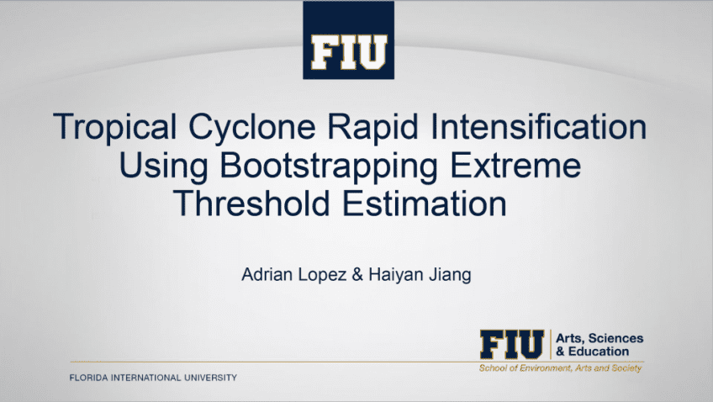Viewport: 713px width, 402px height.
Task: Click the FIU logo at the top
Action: pos(348,40)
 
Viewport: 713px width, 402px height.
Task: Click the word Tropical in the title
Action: pos(114,128)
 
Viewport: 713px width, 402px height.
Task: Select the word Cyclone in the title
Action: pos(252,128)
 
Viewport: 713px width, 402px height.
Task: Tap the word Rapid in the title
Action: pos(372,128)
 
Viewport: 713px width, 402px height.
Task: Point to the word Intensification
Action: pos(538,126)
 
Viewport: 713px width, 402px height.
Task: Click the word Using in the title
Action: pos(164,167)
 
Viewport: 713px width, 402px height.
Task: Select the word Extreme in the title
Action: pos(515,165)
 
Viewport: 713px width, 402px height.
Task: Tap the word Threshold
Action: pos(251,203)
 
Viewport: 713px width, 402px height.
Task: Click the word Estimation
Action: pos(425,203)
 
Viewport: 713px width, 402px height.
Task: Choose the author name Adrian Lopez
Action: pos(293,275)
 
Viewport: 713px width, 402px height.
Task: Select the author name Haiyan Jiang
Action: pos(420,275)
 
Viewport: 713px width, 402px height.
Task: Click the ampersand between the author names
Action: pos(357,275)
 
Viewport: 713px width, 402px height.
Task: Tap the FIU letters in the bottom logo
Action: pos(512,344)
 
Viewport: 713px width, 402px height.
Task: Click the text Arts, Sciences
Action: pos(599,338)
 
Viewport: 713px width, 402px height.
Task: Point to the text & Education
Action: pos(592,352)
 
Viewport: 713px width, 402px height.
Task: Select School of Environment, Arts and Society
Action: pos(560,368)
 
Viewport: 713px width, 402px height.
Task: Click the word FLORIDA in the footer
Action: pos(88,378)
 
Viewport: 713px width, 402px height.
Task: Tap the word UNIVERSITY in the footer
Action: pos(210,378)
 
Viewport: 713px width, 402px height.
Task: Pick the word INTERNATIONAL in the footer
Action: pos(146,378)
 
